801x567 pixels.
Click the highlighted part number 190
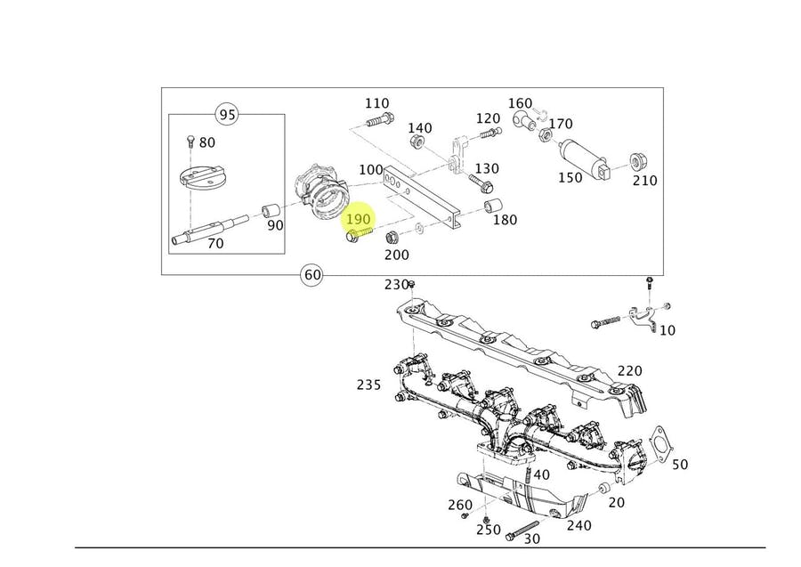point(358,218)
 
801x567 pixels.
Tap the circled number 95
point(228,114)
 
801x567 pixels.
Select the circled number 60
point(312,274)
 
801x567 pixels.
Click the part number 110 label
point(376,103)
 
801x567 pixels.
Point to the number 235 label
point(368,385)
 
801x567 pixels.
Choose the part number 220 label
point(629,370)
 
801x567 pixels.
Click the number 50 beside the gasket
point(679,464)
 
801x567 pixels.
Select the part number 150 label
point(570,177)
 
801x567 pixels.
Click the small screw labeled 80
point(190,142)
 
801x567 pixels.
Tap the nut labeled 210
point(637,162)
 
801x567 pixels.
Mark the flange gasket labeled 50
point(659,442)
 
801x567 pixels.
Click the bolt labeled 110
point(378,120)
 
